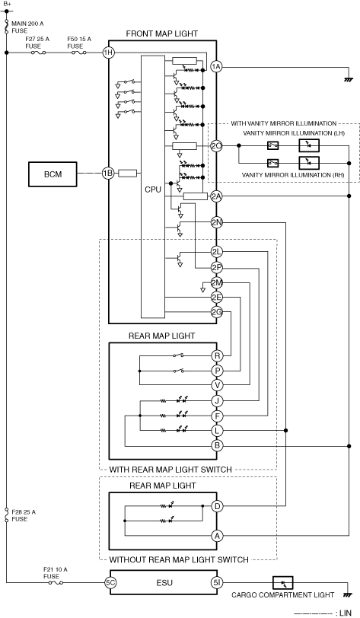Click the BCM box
[53, 174]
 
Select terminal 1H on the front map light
[108, 53]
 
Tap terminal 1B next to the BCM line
[108, 173]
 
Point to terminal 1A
[216, 67]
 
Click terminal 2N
[216, 223]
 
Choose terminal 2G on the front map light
[216, 313]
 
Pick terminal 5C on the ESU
[110, 582]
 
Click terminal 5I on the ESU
[216, 582]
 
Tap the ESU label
[164, 582]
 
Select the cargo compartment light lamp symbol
[282, 582]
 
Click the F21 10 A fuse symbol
[56, 582]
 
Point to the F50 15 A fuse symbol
[79, 53]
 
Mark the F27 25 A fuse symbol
[38, 53]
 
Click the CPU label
[153, 190]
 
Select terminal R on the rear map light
[217, 356]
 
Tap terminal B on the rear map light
[217, 446]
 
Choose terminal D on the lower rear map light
[217, 506]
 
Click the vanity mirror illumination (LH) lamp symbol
[309, 146]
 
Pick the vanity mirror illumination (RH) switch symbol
[273, 162]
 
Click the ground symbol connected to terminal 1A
[348, 80]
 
